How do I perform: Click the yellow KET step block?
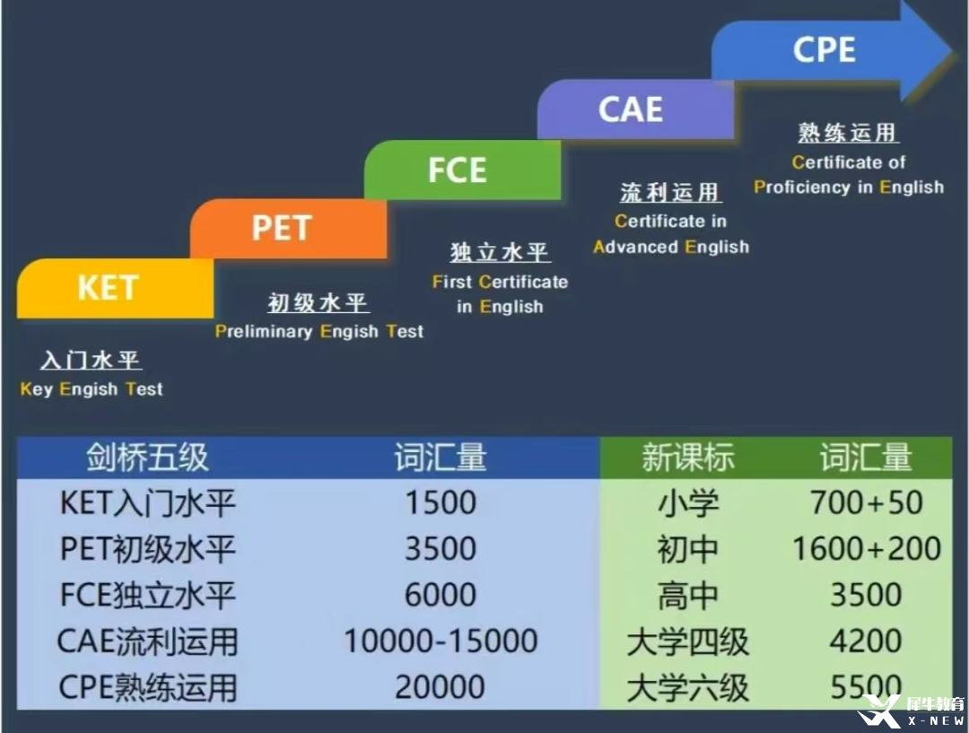click(x=115, y=288)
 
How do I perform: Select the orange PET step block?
click(x=288, y=228)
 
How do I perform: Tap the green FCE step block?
click(x=462, y=170)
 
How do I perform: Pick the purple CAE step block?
click(x=635, y=109)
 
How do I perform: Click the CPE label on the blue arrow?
click(x=825, y=49)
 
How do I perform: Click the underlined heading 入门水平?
click(x=91, y=360)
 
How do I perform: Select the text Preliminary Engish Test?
click(x=319, y=331)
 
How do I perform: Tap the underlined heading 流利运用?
click(x=670, y=192)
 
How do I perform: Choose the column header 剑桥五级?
click(x=147, y=458)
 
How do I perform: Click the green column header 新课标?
click(x=688, y=458)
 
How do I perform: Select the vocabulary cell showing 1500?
click(x=441, y=502)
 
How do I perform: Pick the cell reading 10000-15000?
click(x=441, y=641)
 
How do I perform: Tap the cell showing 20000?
click(x=440, y=686)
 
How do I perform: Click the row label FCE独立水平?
click(x=148, y=595)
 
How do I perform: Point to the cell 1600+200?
click(x=867, y=548)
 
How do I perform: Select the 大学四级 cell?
click(x=688, y=641)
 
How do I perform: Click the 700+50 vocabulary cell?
click(x=867, y=502)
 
